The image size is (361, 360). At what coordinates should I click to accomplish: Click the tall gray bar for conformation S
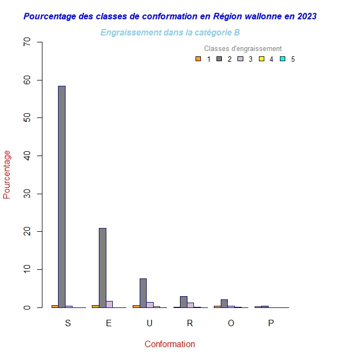(62, 196)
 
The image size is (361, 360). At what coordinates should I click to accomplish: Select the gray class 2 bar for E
(103, 268)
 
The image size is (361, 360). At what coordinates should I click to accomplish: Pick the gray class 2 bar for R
(184, 302)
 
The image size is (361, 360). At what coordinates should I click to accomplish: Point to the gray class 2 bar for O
(224, 304)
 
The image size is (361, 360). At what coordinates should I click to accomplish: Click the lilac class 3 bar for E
(110, 304)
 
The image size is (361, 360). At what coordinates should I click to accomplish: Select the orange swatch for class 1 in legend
(198, 59)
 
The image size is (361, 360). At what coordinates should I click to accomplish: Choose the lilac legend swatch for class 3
(241, 59)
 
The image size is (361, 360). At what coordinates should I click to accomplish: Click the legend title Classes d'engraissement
(243, 49)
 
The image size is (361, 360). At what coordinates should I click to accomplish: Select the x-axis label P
(271, 323)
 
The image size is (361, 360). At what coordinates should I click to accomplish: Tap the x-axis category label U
(149, 323)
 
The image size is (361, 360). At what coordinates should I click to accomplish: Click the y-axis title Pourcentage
(7, 174)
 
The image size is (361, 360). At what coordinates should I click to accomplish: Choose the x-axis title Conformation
(170, 344)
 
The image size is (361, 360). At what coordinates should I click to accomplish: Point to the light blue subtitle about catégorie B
(170, 33)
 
